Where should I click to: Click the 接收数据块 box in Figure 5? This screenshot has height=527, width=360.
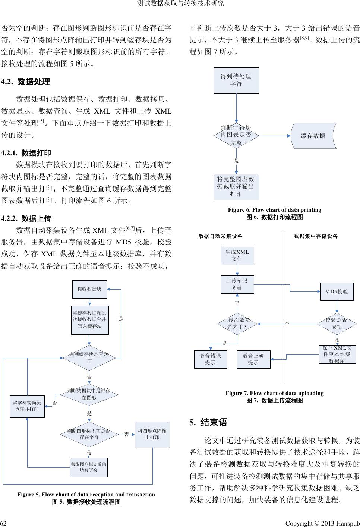click(89, 289)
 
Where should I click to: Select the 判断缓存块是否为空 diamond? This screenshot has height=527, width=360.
click(89, 357)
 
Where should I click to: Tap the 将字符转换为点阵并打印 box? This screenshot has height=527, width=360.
click(27, 406)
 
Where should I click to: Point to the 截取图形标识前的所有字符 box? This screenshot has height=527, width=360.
click(89, 467)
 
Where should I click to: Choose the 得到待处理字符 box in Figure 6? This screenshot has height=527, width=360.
click(236, 81)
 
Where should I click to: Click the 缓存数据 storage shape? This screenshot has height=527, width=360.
click(313, 136)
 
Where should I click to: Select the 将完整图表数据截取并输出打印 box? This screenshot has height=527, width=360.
click(236, 186)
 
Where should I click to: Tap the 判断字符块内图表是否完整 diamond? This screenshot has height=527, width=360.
click(236, 136)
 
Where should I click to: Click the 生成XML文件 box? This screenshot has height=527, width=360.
click(237, 255)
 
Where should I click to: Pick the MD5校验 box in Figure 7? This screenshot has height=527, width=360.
click(337, 291)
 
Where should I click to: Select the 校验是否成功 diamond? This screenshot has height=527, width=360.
click(337, 324)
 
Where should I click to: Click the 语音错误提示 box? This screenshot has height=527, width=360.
click(211, 359)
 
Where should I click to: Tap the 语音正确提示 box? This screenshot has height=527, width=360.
click(253, 359)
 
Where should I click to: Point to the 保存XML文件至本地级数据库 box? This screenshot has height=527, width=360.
click(337, 354)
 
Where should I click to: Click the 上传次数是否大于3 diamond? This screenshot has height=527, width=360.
click(237, 324)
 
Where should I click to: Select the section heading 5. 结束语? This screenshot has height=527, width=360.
click(208, 422)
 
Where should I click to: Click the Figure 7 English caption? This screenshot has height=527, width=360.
click(274, 393)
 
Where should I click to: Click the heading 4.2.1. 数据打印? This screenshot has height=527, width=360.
click(26, 153)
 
